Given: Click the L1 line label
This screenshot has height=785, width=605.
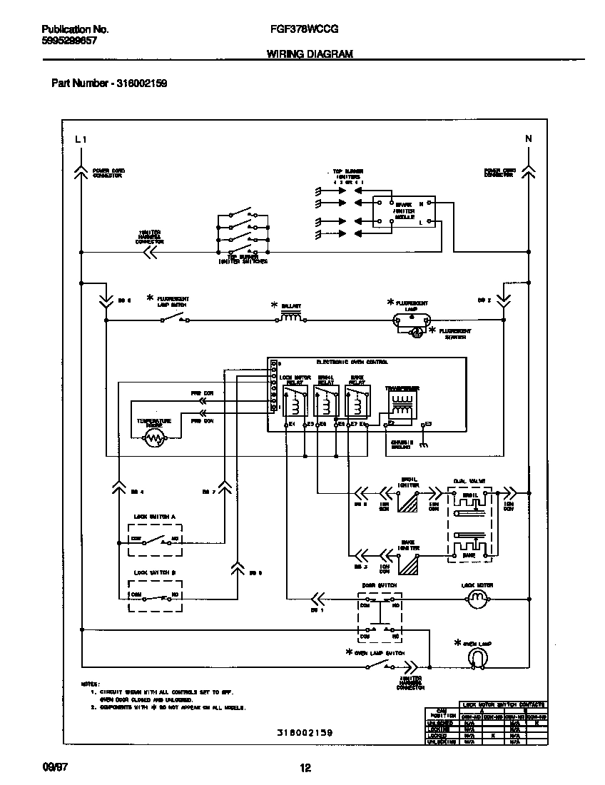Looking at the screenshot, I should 80,139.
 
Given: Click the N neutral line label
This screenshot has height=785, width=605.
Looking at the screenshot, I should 528,139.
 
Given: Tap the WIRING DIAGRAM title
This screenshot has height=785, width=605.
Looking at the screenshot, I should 310,54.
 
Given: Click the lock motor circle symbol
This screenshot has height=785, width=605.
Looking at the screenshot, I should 475,600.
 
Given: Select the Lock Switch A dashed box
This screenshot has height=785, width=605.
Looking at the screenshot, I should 156,540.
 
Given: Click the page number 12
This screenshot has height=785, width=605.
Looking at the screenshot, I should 305,768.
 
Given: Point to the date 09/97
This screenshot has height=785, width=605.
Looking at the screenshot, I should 53,767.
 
